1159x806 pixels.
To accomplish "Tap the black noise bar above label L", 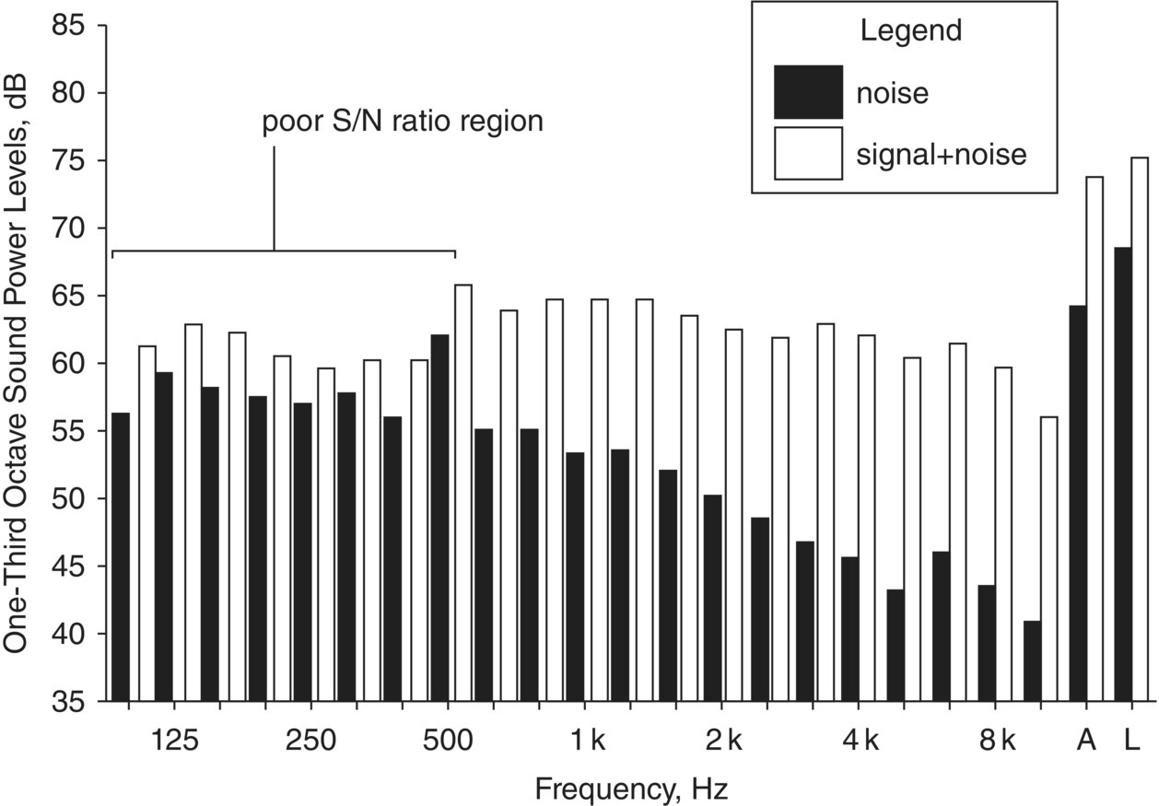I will [1122, 474].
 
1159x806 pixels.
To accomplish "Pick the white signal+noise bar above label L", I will [1140, 429].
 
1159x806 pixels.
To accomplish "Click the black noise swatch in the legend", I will [808, 92].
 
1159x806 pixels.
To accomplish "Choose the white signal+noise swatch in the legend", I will [808, 153].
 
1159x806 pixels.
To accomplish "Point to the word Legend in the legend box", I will [910, 30].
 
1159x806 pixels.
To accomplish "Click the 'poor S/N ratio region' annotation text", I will [403, 123].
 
